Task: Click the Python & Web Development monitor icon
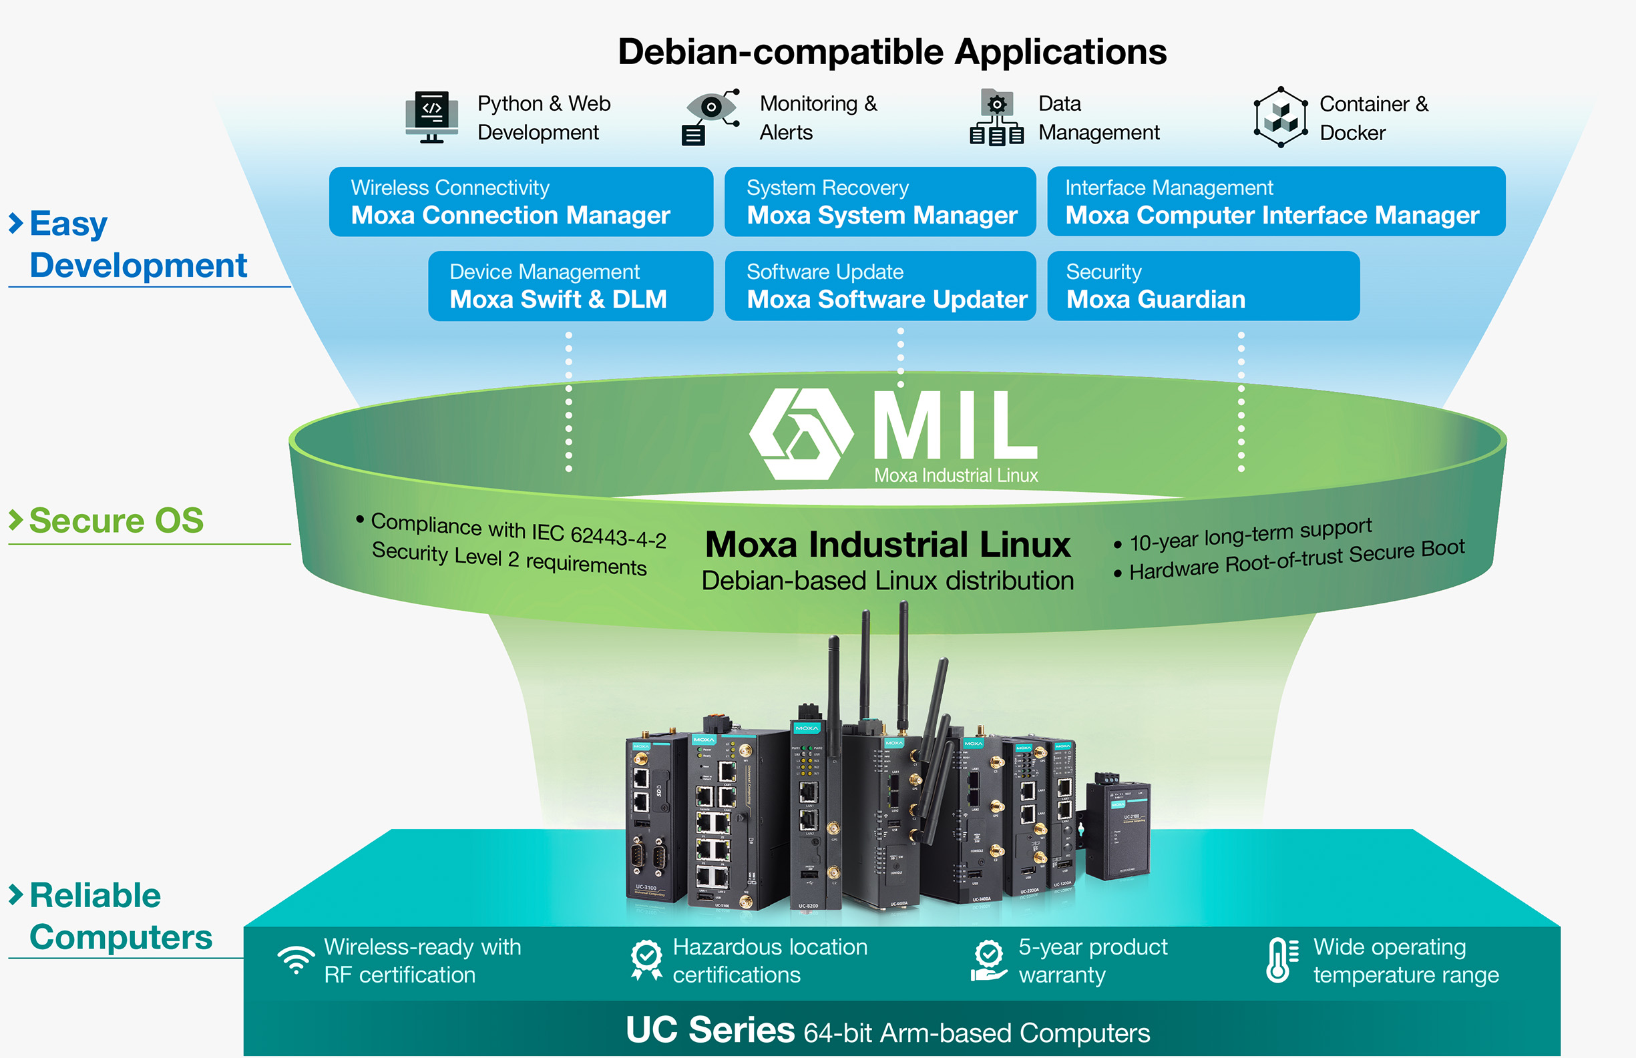[431, 117]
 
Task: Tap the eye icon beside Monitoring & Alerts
[711, 115]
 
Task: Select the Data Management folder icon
[996, 117]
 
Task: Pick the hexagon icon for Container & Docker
[1280, 117]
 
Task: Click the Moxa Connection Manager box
[521, 202]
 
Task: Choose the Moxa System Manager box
[879, 202]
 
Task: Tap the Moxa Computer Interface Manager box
[1275, 202]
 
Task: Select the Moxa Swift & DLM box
[570, 286]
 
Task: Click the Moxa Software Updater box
[879, 286]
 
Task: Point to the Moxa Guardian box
[1203, 286]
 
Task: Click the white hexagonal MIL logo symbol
[801, 433]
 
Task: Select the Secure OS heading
[116, 520]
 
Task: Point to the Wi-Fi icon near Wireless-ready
[296, 960]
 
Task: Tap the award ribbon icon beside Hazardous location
[646, 960]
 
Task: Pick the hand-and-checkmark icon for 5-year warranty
[989, 961]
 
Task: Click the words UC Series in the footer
[710, 1030]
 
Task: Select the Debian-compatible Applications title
[892, 51]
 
